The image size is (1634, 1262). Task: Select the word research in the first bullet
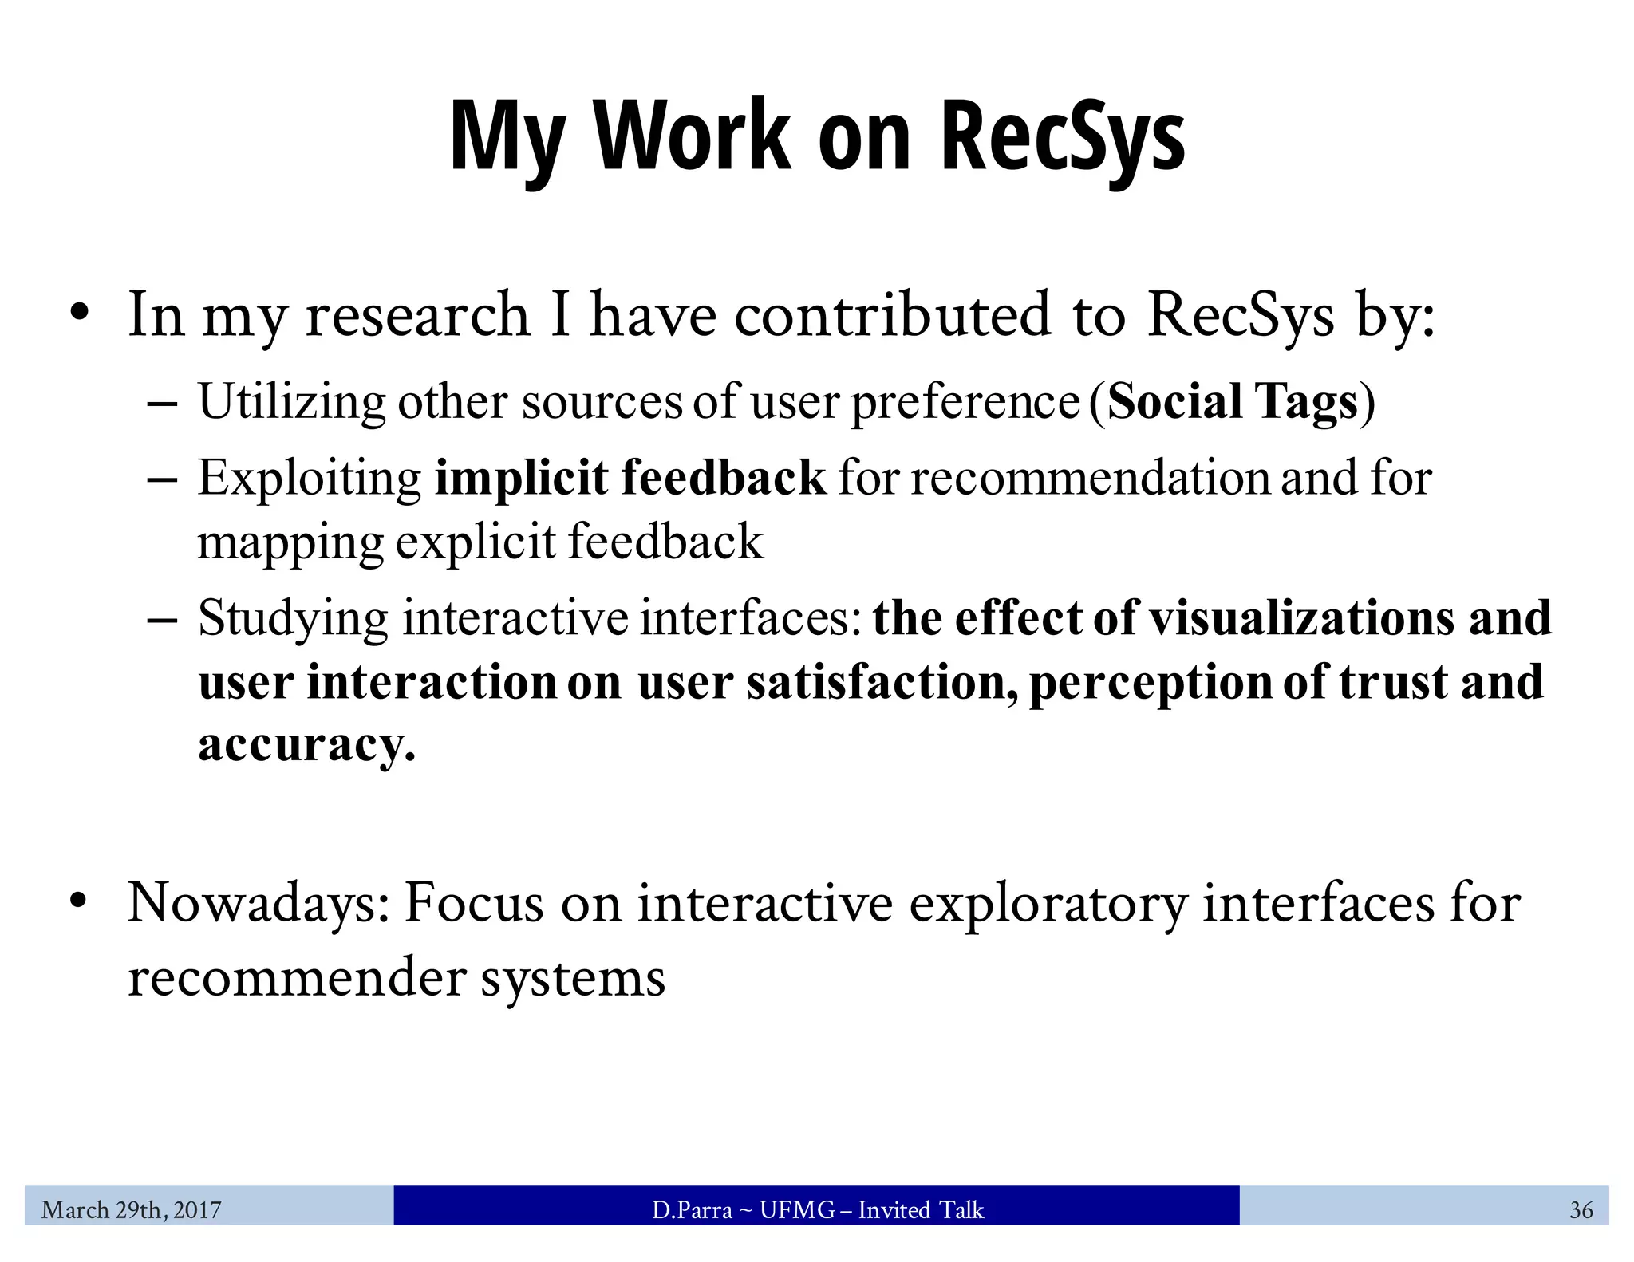pyautogui.click(x=417, y=314)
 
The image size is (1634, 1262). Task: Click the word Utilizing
pyautogui.click(x=291, y=401)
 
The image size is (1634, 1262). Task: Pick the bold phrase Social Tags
pyautogui.click(x=1232, y=401)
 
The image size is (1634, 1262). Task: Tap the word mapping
pyautogui.click(x=290, y=543)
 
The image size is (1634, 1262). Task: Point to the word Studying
pyautogui.click(x=293, y=619)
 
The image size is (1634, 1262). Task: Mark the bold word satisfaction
pyautogui.click(x=882, y=683)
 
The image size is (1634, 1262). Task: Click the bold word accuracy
pyautogui.click(x=306, y=746)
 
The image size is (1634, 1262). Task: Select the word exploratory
pyautogui.click(x=1048, y=904)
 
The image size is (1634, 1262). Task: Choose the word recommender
pyautogui.click(x=296, y=978)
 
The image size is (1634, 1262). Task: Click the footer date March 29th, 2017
pyautogui.click(x=132, y=1210)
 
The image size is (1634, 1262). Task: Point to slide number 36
pyautogui.click(x=1581, y=1210)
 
